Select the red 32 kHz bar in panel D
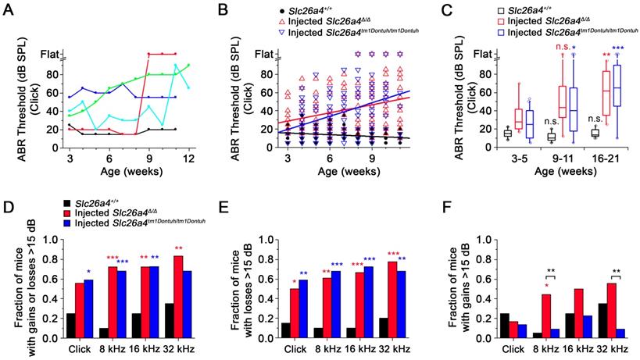pyautogui.click(x=179, y=284)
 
